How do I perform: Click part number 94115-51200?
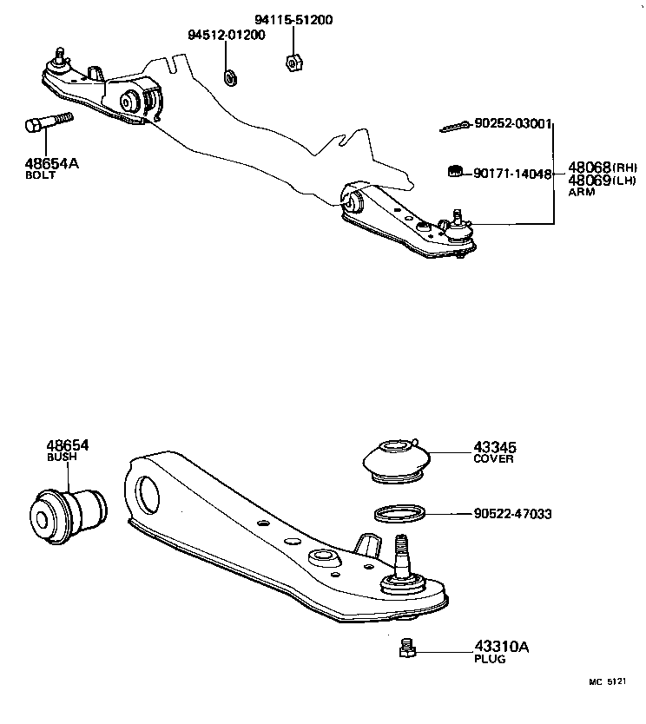pyautogui.click(x=293, y=20)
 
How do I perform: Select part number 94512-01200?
pyautogui.click(x=227, y=35)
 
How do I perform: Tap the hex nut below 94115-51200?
pyautogui.click(x=293, y=62)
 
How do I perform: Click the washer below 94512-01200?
pyautogui.click(x=231, y=78)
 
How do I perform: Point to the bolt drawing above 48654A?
pyautogui.click(x=44, y=125)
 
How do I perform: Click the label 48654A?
pyautogui.click(x=50, y=162)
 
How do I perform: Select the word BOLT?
pyautogui.click(x=41, y=175)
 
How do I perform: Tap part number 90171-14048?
pyautogui.click(x=513, y=174)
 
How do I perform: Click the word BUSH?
pyautogui.click(x=60, y=456)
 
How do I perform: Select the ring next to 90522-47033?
pyautogui.click(x=399, y=514)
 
